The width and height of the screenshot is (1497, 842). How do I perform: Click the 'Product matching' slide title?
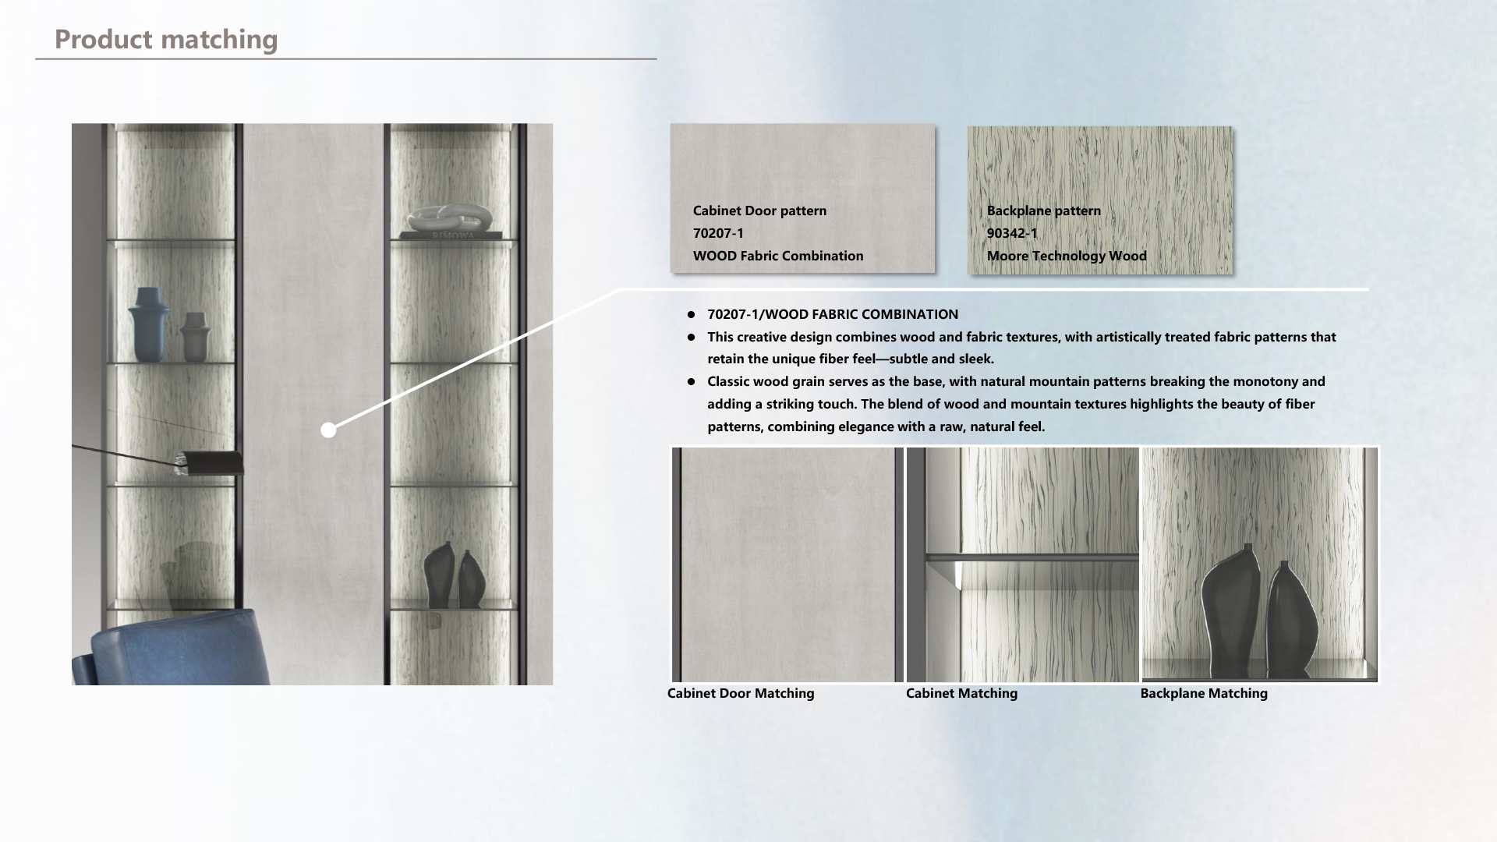pyautogui.click(x=166, y=39)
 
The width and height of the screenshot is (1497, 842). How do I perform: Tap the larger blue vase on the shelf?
pyautogui.click(x=148, y=324)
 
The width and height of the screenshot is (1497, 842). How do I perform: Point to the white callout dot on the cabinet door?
pyautogui.click(x=328, y=430)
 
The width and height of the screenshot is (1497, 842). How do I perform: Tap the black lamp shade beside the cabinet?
pyautogui.click(x=211, y=462)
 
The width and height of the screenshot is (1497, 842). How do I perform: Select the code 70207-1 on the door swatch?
pyautogui.click(x=718, y=233)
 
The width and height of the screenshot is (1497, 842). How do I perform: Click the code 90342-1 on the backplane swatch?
pyautogui.click(x=1012, y=233)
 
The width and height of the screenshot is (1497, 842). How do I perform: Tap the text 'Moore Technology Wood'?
pyautogui.click(x=1067, y=256)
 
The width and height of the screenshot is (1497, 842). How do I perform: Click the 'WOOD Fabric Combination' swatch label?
pyautogui.click(x=778, y=256)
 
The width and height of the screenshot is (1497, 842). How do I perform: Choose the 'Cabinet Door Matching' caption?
pyautogui.click(x=741, y=693)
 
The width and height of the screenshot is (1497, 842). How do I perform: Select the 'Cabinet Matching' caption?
pyautogui.click(x=961, y=693)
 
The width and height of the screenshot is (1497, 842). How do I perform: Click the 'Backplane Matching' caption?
pyautogui.click(x=1204, y=693)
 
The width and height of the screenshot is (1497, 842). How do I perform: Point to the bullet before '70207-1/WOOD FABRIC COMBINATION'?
pyautogui.click(x=691, y=315)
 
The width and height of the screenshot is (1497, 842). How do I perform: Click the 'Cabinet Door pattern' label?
pyautogui.click(x=759, y=210)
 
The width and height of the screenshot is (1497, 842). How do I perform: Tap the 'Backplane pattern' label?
pyautogui.click(x=1044, y=210)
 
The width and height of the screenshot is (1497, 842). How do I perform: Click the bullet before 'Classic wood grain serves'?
pyautogui.click(x=691, y=382)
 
